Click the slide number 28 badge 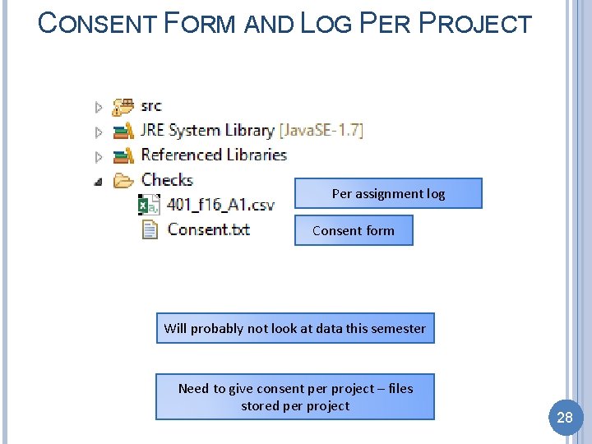click(x=564, y=418)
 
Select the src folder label click(x=151, y=106)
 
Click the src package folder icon click(x=123, y=106)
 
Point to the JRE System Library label click(x=207, y=130)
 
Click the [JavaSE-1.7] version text click(x=321, y=130)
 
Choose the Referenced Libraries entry click(x=214, y=155)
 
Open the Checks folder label click(x=167, y=179)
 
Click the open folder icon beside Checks click(x=123, y=180)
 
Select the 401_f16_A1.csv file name click(x=220, y=205)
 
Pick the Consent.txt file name click(x=209, y=229)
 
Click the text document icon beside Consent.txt click(x=150, y=229)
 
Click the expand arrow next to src click(x=99, y=107)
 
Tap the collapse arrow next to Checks click(x=99, y=182)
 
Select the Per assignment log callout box click(x=388, y=194)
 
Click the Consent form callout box click(x=354, y=231)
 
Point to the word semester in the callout click(x=397, y=328)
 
